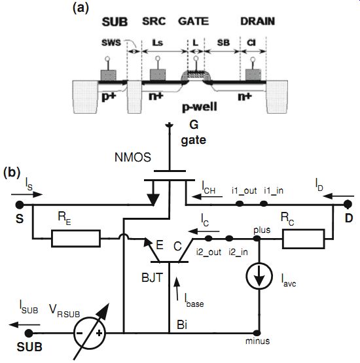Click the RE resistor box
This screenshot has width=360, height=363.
(76, 238)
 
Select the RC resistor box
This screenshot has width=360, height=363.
(303, 239)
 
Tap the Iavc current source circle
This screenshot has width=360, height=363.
(259, 276)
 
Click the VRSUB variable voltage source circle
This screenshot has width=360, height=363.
(90, 334)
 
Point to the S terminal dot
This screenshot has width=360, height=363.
(20, 205)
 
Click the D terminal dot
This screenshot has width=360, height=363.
(348, 205)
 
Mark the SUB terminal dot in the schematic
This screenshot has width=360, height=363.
(29, 334)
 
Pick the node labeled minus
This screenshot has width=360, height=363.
(257, 333)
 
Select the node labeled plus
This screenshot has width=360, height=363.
(257, 238)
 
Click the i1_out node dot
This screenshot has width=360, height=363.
(240, 203)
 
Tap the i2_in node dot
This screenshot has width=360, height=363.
(229, 238)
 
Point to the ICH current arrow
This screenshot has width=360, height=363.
(207, 197)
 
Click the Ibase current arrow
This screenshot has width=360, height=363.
(177, 288)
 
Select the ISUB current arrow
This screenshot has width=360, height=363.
(24, 324)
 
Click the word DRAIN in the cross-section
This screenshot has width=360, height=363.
(258, 22)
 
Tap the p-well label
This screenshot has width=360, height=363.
(200, 107)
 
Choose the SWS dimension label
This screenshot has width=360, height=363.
(111, 43)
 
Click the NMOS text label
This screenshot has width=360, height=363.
(133, 158)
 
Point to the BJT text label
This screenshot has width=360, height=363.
(153, 277)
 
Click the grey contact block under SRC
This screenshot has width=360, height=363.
(158, 75)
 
